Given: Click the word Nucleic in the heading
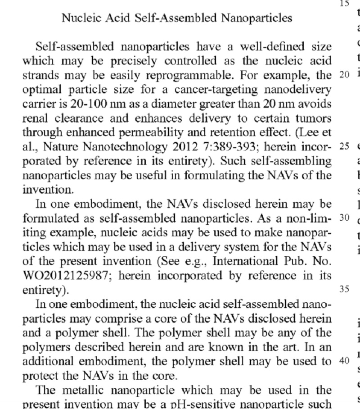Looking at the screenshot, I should [77, 18].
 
